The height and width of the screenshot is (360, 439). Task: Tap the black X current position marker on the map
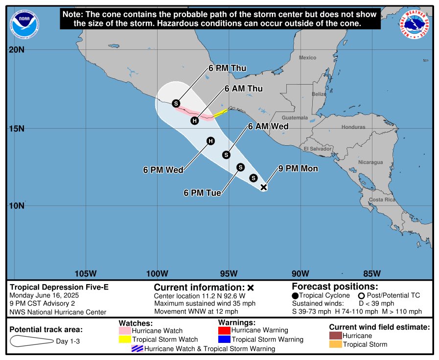(264, 187)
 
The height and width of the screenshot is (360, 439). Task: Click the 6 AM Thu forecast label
(244, 89)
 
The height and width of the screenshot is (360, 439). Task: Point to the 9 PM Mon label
(298, 169)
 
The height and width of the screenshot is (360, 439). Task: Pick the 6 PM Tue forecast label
(203, 193)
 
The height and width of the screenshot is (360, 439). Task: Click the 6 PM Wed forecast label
(163, 170)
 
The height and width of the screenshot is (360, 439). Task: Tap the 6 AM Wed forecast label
(268, 126)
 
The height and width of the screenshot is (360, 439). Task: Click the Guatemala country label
(295, 118)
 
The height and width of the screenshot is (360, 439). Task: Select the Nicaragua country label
(370, 162)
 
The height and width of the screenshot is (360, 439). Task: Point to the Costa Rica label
(383, 200)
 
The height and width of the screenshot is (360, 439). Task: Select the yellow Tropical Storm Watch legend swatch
(124, 339)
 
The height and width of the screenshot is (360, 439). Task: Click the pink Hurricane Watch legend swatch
(124, 331)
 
